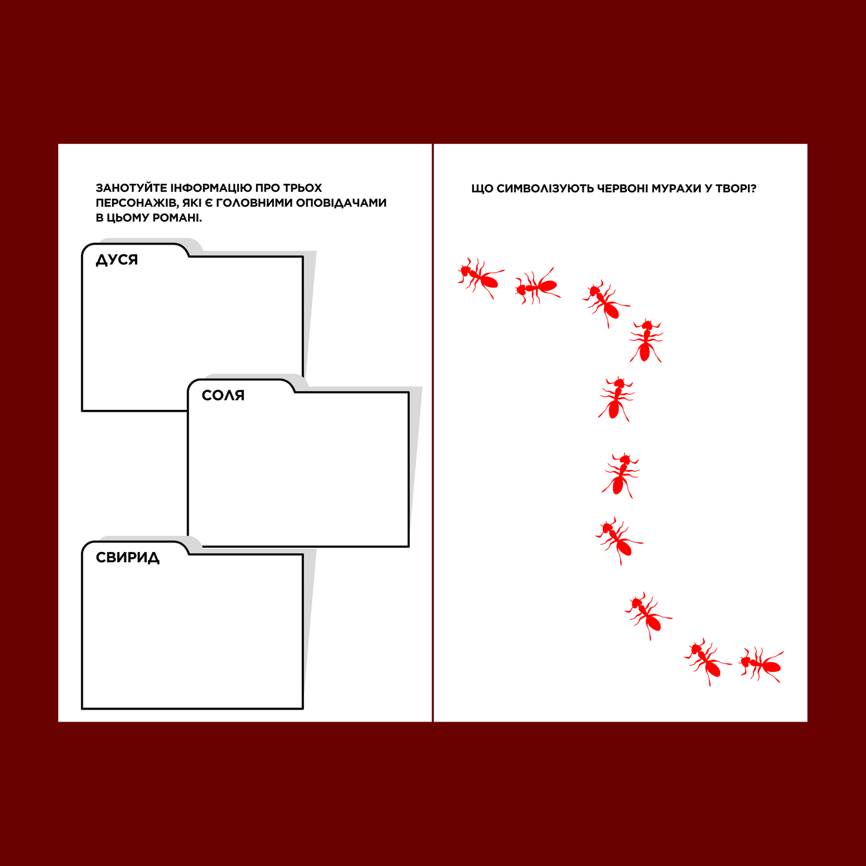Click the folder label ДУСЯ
click(x=116, y=260)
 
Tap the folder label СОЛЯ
click(x=223, y=396)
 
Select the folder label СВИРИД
click(x=128, y=558)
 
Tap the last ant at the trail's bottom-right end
click(x=761, y=665)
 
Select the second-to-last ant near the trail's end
click(x=707, y=662)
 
